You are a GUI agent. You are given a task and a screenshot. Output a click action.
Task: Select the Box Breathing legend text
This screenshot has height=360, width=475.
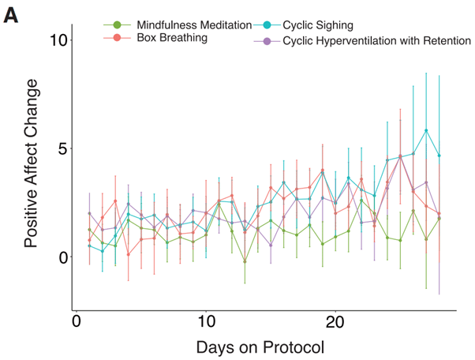pyautogui.click(x=171, y=38)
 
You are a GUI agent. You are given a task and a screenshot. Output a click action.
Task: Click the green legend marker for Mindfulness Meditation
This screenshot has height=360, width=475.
pyautogui.click(x=118, y=25)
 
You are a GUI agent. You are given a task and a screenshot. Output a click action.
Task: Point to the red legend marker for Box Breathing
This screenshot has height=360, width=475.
pyautogui.click(x=118, y=38)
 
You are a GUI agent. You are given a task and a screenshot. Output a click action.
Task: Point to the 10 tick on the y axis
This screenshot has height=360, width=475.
pyautogui.click(x=55, y=40)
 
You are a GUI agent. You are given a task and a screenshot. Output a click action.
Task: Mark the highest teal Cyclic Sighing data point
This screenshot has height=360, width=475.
pyautogui.click(x=426, y=130)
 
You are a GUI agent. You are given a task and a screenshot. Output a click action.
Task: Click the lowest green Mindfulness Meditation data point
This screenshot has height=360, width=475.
pyautogui.click(x=245, y=261)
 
